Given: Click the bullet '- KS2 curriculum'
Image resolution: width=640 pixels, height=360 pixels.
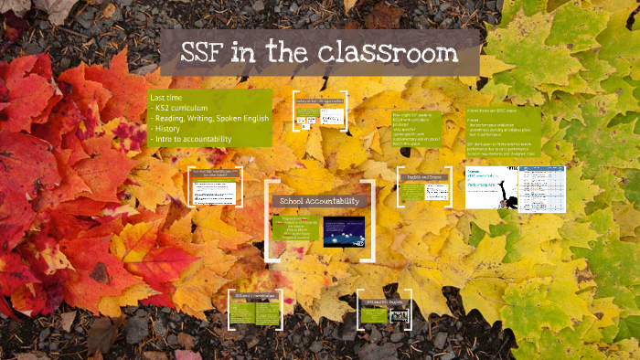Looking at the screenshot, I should pos(184,107).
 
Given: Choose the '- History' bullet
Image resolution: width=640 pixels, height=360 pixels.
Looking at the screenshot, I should pos(170,128).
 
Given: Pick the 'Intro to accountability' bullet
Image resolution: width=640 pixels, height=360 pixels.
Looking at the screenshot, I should pos(196,139).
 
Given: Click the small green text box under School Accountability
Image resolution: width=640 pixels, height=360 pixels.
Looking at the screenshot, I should pos(293,229).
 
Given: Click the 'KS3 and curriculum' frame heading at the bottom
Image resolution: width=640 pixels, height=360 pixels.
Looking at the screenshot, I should pos(255,296).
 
